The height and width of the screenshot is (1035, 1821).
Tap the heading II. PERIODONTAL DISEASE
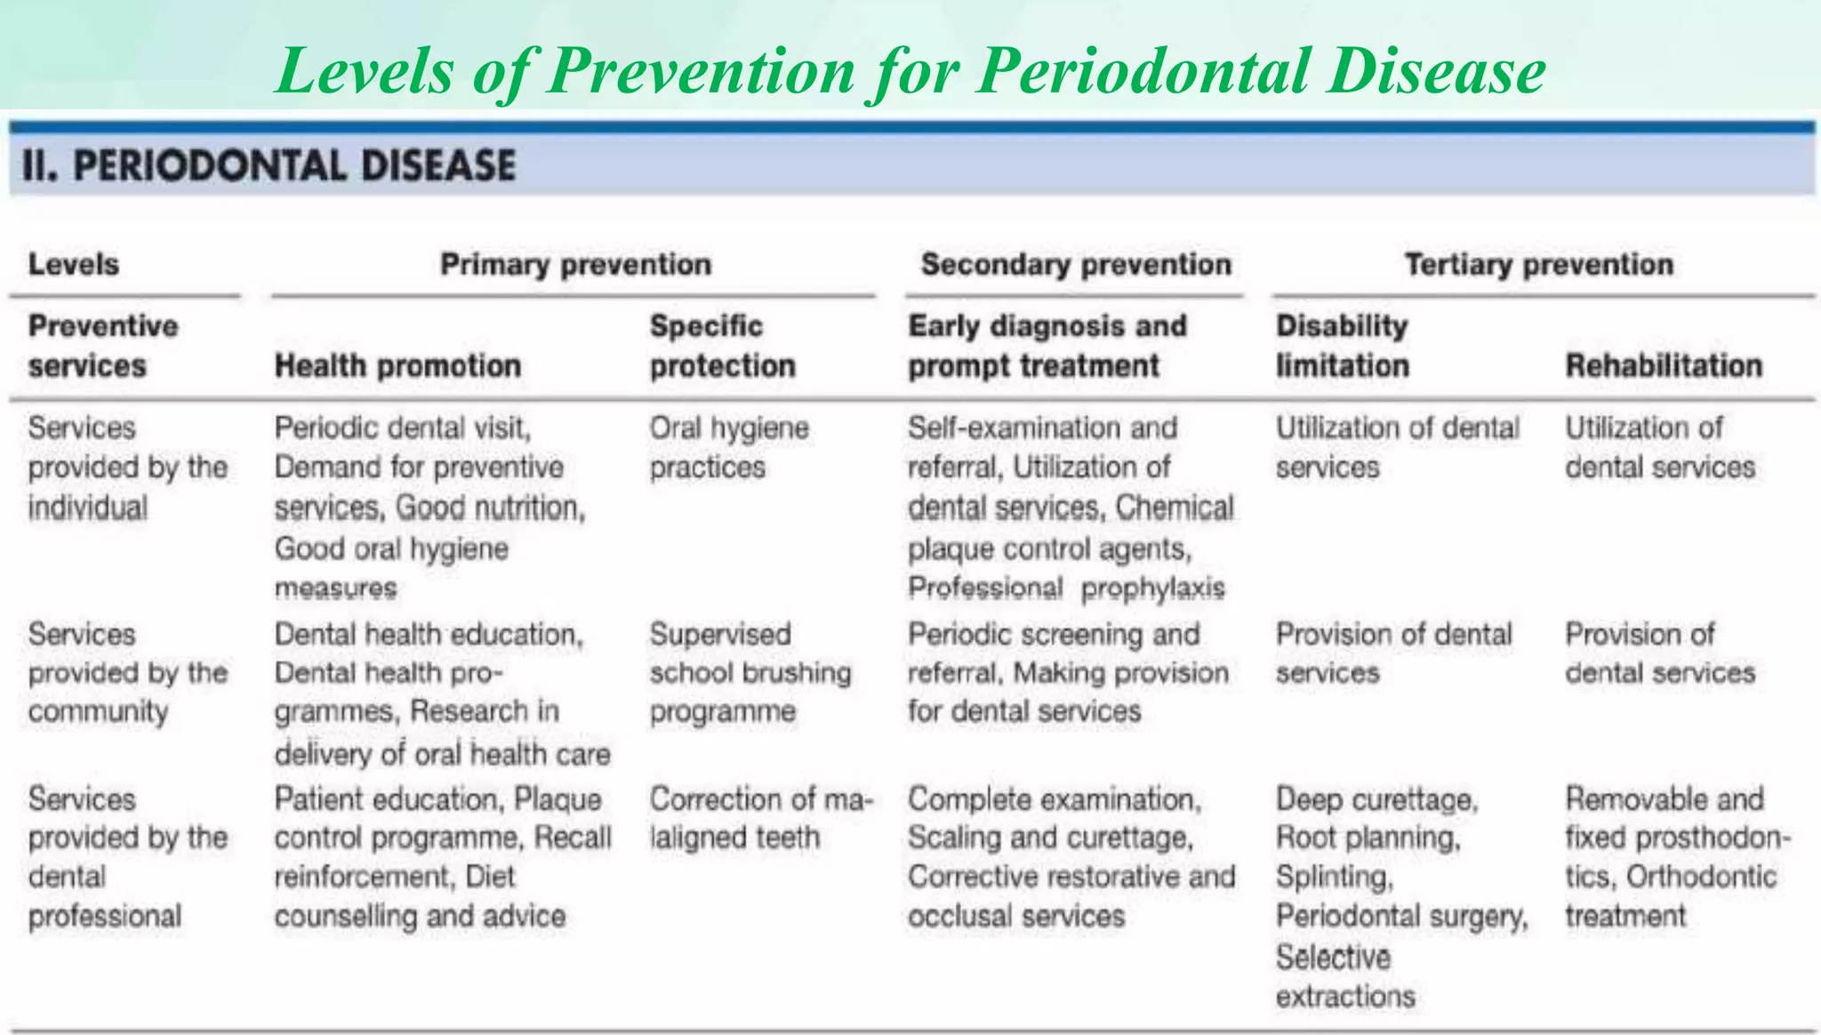pos(269,166)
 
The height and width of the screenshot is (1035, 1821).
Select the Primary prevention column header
pos(575,264)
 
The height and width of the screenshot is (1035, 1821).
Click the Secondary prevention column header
pos(1076,264)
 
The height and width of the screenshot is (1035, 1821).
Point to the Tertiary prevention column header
pos(1538,264)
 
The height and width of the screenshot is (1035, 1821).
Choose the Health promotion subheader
pos(397,365)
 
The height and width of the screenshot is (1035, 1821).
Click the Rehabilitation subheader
pos(1664,365)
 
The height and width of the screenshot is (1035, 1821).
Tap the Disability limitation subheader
pos(1343,346)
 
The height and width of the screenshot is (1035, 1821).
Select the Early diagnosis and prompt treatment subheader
pos(1047,346)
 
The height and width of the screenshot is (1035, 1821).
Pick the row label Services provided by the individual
pos(127,468)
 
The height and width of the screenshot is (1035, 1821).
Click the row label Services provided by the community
pos(127,673)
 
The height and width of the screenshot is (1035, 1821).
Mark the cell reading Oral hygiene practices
pos(728,447)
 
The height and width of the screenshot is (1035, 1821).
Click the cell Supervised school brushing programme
pos(750,673)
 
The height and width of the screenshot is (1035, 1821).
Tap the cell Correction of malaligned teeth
pos(760,818)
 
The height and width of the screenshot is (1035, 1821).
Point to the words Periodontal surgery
pos(1401,916)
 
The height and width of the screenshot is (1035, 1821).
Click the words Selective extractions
pos(1344,976)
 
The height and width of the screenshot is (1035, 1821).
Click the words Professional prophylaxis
pos(1066,589)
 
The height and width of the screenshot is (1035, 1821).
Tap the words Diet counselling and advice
pos(420,916)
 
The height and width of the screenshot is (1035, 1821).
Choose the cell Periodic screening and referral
pos(1054,635)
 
